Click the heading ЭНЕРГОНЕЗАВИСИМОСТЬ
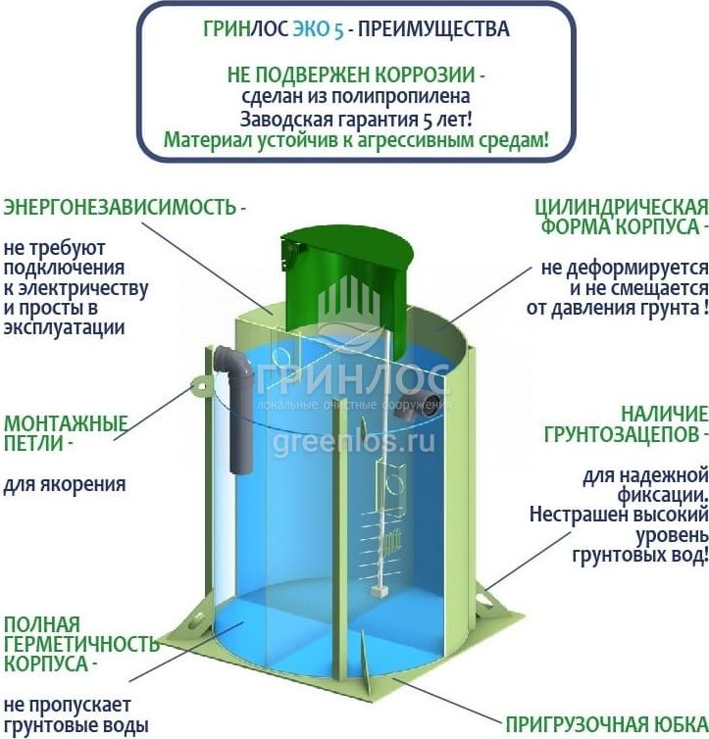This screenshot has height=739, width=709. [121, 208]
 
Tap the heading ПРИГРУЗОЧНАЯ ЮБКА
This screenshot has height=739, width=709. [605, 725]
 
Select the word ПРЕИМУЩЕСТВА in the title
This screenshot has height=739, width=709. [434, 29]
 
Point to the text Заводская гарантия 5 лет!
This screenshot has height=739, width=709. [355, 119]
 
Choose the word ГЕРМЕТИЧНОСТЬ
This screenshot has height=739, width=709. [80, 644]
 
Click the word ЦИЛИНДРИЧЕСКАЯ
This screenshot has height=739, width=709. [621, 207]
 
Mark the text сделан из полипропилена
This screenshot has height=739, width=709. [355, 97]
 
